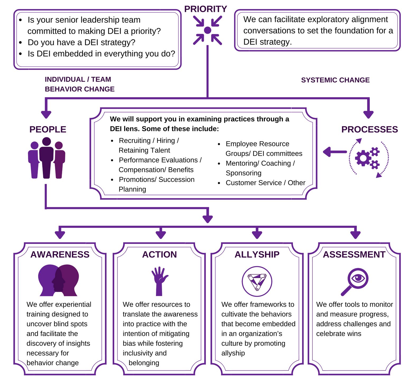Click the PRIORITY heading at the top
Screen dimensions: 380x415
[205, 9]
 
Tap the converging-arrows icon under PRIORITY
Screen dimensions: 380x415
[207, 30]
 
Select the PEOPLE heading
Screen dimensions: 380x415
[48, 129]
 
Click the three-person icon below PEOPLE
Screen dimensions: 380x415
[47, 158]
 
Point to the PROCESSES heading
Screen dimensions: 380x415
[370, 129]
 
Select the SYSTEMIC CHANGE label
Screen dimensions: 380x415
[335, 80]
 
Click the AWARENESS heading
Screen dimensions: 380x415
[60, 254]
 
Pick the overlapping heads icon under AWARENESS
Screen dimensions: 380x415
[58, 280]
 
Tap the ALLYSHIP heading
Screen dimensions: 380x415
[257, 254]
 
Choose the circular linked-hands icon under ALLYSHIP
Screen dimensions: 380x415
[257, 281]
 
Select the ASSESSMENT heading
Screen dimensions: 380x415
[354, 254]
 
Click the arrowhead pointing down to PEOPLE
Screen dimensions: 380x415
[46, 114]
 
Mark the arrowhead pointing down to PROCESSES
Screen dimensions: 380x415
[368, 114]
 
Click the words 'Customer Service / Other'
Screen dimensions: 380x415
[265, 183]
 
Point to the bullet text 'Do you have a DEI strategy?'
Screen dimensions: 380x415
[81, 42]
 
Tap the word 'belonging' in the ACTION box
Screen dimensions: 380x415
[144, 363]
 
